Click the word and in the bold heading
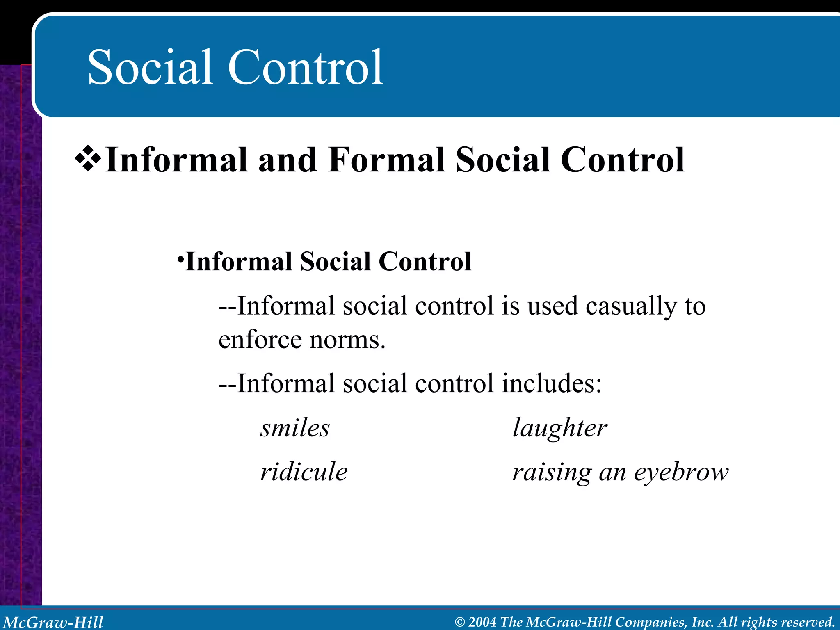tap(287, 160)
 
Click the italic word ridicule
tap(304, 471)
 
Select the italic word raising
tap(552, 472)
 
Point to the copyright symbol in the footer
tap(460, 622)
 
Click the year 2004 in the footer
tap(482, 622)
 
